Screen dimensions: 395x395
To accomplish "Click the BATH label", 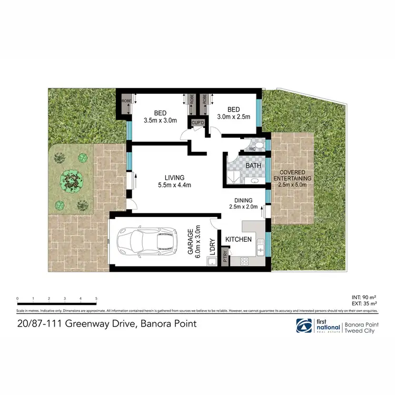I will (253, 166).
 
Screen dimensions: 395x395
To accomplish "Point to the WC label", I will (252, 149).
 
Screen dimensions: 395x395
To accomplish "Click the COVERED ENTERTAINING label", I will (295, 175).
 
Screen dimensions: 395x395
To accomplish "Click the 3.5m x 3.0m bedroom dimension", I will (161, 120).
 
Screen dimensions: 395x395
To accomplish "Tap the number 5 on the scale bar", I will (96, 299).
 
